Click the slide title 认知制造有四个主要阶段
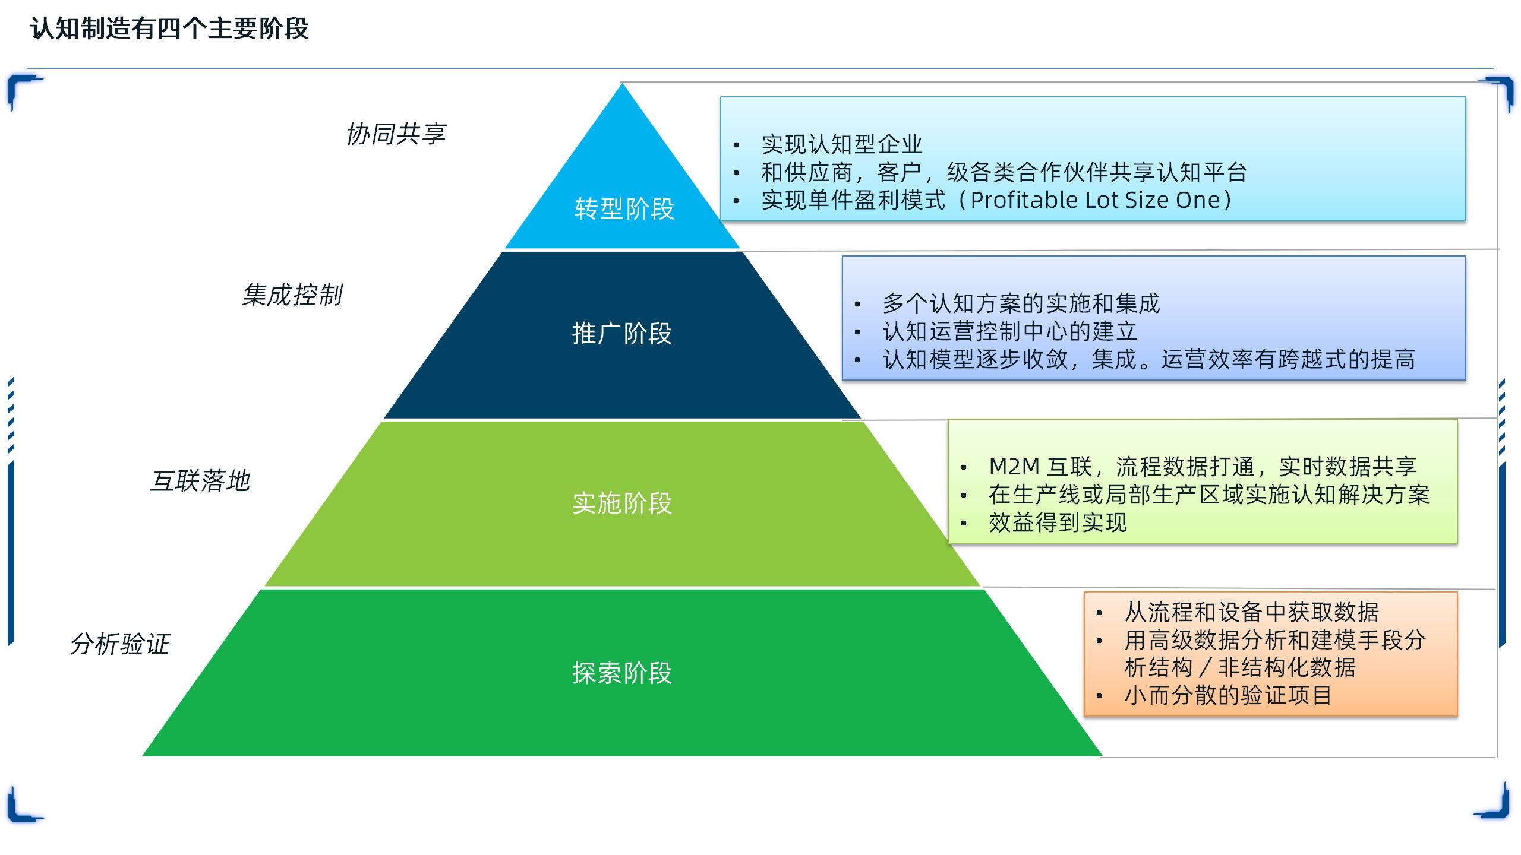coord(170,28)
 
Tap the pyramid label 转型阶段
coord(624,209)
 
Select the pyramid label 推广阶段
coord(621,334)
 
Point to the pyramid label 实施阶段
coord(621,503)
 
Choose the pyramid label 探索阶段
coord(621,673)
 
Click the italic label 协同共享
coord(396,134)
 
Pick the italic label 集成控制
coord(292,295)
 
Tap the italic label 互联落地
coord(200,481)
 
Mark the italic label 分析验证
coord(120,644)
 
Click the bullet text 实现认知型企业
coord(841,144)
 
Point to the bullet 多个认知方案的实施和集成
coord(1021,303)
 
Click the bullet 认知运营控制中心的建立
coord(1009,331)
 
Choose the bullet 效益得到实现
coord(1058,522)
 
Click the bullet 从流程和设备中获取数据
coord(1251,612)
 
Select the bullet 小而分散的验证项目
coord(1227,695)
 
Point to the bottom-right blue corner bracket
coord(1494,803)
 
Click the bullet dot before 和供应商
coord(736,173)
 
